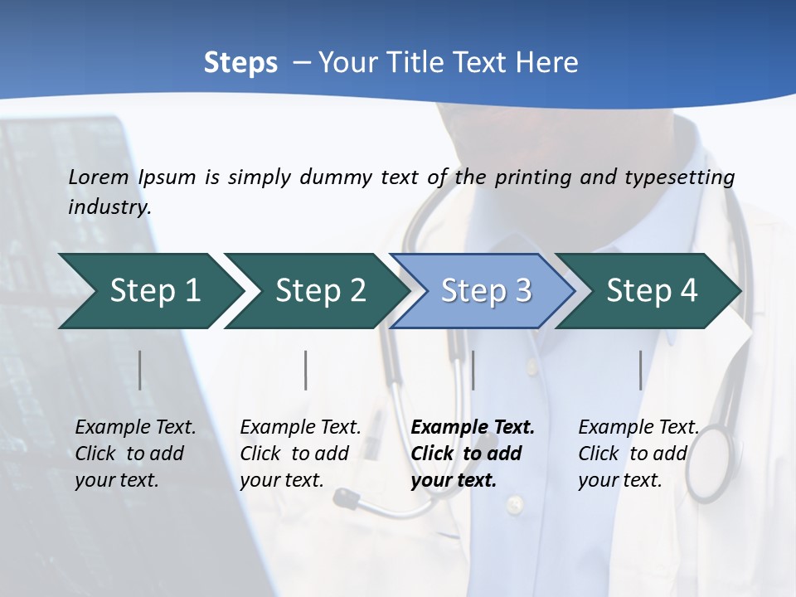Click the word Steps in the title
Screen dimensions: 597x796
pyautogui.click(x=240, y=63)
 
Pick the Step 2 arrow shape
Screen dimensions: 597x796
pyautogui.click(x=316, y=290)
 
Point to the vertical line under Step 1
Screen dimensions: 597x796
pyautogui.click(x=140, y=370)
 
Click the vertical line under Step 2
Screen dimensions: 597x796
pyautogui.click(x=306, y=370)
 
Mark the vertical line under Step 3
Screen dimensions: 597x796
pyautogui.click(x=473, y=370)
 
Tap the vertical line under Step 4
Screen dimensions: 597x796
pyautogui.click(x=640, y=370)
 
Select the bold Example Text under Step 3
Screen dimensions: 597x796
pyautogui.click(x=473, y=454)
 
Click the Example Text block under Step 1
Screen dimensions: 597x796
pyautogui.click(x=135, y=454)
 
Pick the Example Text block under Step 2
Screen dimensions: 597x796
pyautogui.click(x=300, y=454)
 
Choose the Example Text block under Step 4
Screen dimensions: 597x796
pyautogui.click(x=638, y=454)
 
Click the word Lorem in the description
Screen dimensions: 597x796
pyautogui.click(x=99, y=177)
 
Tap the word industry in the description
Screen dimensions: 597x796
pyautogui.click(x=109, y=207)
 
